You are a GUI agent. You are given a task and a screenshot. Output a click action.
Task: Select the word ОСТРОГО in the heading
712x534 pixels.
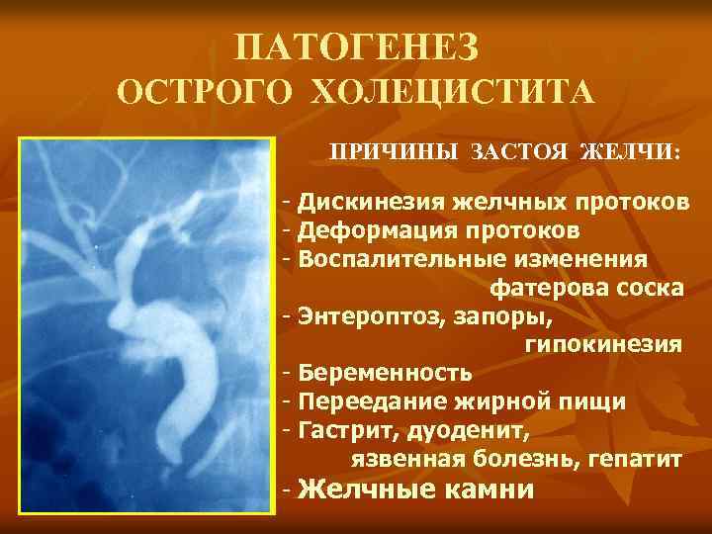pyautogui.click(x=204, y=95)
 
